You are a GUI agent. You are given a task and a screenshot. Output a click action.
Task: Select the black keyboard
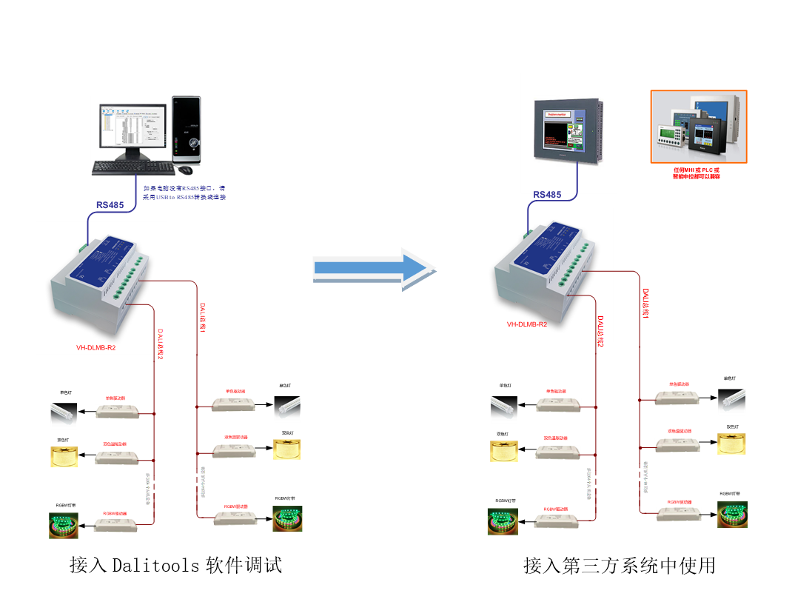click(x=127, y=168)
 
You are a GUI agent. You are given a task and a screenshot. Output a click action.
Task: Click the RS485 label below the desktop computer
click(x=110, y=205)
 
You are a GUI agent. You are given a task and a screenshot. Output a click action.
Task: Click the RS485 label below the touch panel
click(x=547, y=195)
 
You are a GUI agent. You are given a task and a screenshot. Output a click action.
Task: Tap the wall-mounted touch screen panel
click(x=567, y=130)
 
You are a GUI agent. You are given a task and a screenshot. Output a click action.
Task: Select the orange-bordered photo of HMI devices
click(x=698, y=127)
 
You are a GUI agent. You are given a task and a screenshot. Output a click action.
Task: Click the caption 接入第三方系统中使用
click(x=619, y=566)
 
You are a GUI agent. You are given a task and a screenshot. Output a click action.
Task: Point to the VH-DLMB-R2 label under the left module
click(x=96, y=347)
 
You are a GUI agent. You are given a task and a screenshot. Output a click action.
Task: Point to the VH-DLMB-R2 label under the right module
click(x=527, y=324)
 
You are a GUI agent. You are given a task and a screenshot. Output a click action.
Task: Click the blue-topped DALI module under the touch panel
click(x=544, y=259)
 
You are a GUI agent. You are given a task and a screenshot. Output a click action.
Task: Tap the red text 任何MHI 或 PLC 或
click(x=696, y=170)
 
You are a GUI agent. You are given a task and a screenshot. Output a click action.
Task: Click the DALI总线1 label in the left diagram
click(x=203, y=318)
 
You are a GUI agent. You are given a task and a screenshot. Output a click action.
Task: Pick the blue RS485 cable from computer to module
click(x=111, y=215)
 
